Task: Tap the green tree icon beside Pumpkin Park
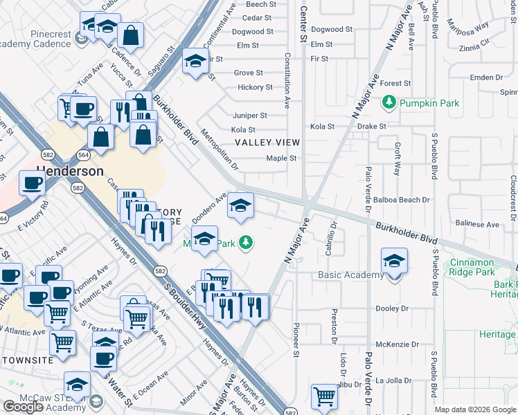pos(389,103)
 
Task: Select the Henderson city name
pos(71,171)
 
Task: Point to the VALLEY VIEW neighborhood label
pos(267,142)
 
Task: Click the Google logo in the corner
pos(22,407)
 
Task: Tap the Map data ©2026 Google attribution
pos(474,409)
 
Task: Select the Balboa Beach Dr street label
pos(406,200)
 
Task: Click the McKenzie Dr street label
pos(398,344)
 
